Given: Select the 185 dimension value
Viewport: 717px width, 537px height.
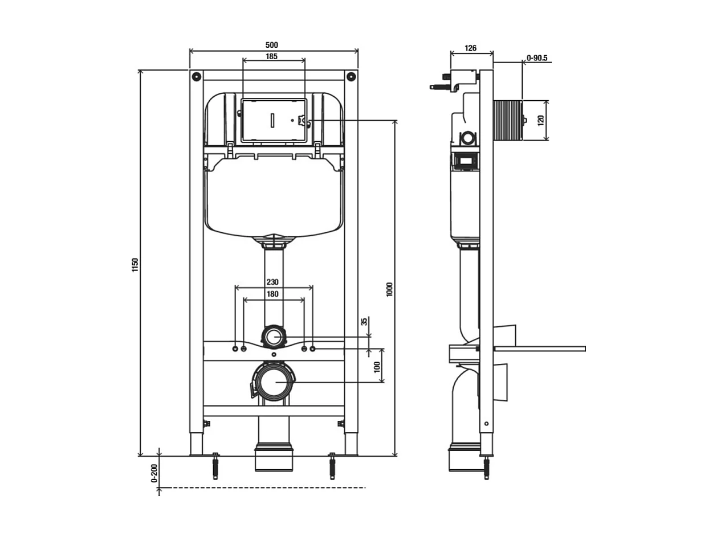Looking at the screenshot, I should tap(271, 56).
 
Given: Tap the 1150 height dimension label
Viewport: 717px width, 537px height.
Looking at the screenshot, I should tap(135, 265).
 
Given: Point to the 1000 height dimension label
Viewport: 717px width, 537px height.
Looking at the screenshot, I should tap(390, 289).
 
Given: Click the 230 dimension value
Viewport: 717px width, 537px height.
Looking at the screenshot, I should tap(272, 281).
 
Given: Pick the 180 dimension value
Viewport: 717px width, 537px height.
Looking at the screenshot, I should tap(272, 294).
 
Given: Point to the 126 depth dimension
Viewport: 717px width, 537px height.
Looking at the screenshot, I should tap(471, 48).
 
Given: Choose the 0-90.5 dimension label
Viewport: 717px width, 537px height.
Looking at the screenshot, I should tap(537, 58).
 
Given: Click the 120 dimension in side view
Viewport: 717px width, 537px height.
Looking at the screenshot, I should tap(541, 121).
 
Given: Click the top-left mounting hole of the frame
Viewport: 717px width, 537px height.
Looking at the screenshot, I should tap(196, 75).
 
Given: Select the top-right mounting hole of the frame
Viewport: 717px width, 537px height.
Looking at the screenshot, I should tap(351, 75).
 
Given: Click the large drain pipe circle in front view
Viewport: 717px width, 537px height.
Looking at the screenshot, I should tap(274, 380).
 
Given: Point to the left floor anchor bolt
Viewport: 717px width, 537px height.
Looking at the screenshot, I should tap(215, 466).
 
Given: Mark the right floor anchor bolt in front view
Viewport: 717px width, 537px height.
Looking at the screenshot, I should tap(332, 466).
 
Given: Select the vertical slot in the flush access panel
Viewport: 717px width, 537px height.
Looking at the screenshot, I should tap(272, 120).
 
